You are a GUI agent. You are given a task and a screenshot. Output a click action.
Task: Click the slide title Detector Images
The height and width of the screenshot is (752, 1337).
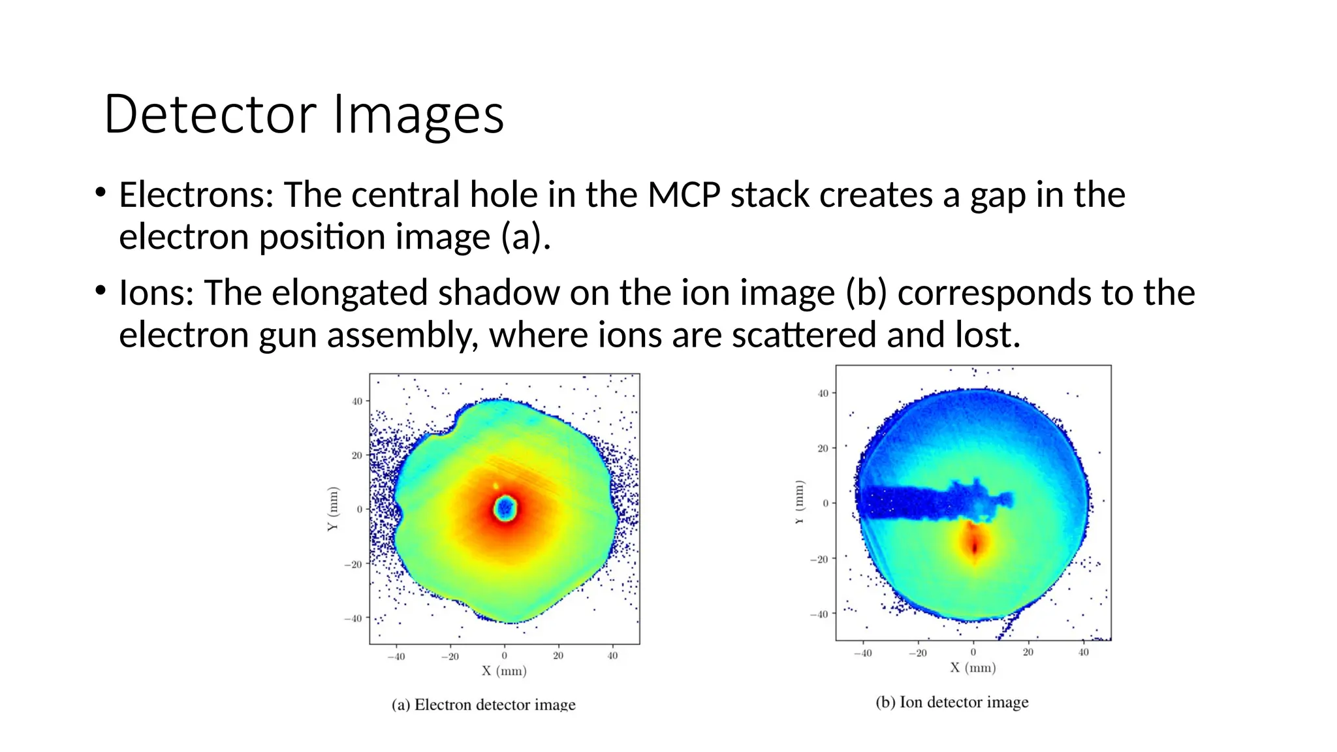click(304, 114)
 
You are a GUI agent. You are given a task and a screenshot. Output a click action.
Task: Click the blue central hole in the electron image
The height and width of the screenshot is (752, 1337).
click(505, 508)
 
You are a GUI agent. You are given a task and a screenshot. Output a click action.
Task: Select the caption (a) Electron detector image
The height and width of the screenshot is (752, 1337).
click(483, 705)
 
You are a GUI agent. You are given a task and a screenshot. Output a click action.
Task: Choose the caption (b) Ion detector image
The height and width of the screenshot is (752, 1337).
click(952, 702)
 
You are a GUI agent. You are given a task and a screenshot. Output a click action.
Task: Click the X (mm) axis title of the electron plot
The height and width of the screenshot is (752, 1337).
click(504, 671)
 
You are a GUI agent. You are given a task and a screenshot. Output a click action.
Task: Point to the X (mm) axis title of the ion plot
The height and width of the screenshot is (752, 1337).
click(973, 668)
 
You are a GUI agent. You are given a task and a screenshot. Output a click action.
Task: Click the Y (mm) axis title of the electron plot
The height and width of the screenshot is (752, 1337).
click(333, 509)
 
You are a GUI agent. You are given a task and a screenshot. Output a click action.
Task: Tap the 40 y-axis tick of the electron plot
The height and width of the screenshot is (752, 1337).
click(357, 401)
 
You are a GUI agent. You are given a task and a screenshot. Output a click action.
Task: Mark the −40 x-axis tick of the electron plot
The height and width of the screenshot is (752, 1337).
click(396, 656)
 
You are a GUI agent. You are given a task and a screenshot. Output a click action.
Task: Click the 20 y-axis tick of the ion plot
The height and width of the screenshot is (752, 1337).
click(823, 448)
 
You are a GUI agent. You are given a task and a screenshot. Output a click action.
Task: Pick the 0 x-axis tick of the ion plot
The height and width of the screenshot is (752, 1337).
click(973, 652)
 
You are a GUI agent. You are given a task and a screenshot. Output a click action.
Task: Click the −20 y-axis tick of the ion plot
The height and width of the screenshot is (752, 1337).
click(819, 559)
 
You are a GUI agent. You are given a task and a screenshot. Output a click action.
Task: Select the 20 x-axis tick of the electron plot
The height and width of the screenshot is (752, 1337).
click(558, 656)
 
